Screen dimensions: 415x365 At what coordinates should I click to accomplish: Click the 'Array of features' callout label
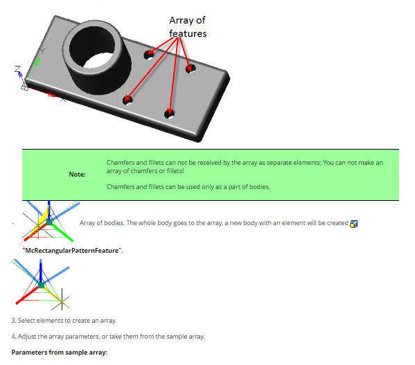(188, 27)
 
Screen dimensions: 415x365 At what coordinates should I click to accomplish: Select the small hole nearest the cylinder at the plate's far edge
(149, 55)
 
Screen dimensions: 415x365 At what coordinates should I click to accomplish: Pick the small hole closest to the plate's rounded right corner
(191, 69)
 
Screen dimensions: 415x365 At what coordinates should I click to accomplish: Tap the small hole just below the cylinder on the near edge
(127, 100)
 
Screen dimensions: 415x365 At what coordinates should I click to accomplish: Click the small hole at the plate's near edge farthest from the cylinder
(169, 114)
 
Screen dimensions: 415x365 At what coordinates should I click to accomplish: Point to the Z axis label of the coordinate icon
(17, 69)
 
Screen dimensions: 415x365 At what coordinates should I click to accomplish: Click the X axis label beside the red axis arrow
(63, 100)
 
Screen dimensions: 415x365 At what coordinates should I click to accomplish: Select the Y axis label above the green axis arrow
(42, 51)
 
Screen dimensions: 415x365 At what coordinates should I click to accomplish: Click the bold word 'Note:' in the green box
(78, 175)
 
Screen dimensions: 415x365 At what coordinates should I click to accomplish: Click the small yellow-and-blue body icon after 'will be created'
(353, 224)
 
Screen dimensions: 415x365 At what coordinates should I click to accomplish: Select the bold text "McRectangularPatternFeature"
(72, 251)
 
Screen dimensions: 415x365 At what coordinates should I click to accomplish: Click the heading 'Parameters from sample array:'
(60, 353)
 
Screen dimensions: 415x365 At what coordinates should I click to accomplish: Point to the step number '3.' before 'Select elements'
(14, 321)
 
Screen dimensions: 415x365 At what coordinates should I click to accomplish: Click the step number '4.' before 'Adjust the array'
(14, 337)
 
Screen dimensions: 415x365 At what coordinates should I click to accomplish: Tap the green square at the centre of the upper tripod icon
(49, 222)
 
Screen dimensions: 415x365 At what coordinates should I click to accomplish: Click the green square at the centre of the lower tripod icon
(41, 285)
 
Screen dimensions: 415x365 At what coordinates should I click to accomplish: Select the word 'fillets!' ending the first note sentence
(175, 171)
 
